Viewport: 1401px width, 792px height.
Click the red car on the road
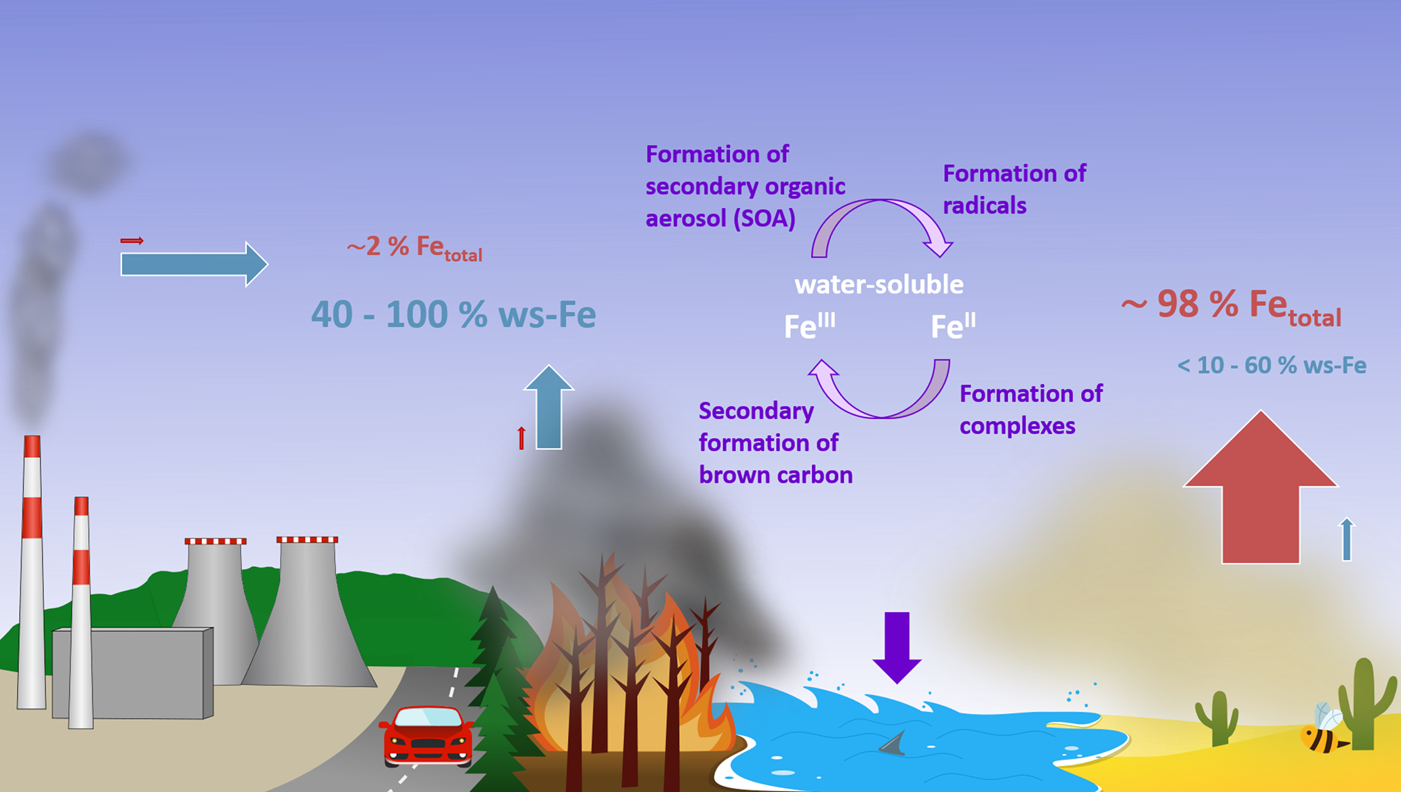(426, 736)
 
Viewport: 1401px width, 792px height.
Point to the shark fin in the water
(893, 744)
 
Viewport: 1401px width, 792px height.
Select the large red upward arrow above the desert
(1261, 495)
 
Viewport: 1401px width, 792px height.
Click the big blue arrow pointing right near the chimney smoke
(194, 264)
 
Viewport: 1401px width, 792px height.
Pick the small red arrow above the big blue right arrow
(132, 241)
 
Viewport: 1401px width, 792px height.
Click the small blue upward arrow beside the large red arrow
(1347, 539)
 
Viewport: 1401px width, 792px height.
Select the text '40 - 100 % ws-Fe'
(453, 315)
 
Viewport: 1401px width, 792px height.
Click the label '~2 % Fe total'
(414, 248)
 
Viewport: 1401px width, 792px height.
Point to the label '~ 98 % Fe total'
(1231, 306)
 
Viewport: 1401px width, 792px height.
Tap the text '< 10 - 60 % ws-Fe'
(1272, 365)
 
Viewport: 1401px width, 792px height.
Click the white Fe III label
(809, 326)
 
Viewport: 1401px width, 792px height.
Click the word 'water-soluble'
(879, 285)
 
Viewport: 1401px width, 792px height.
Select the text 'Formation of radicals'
(1014, 189)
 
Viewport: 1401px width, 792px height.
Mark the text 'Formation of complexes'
(1031, 410)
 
